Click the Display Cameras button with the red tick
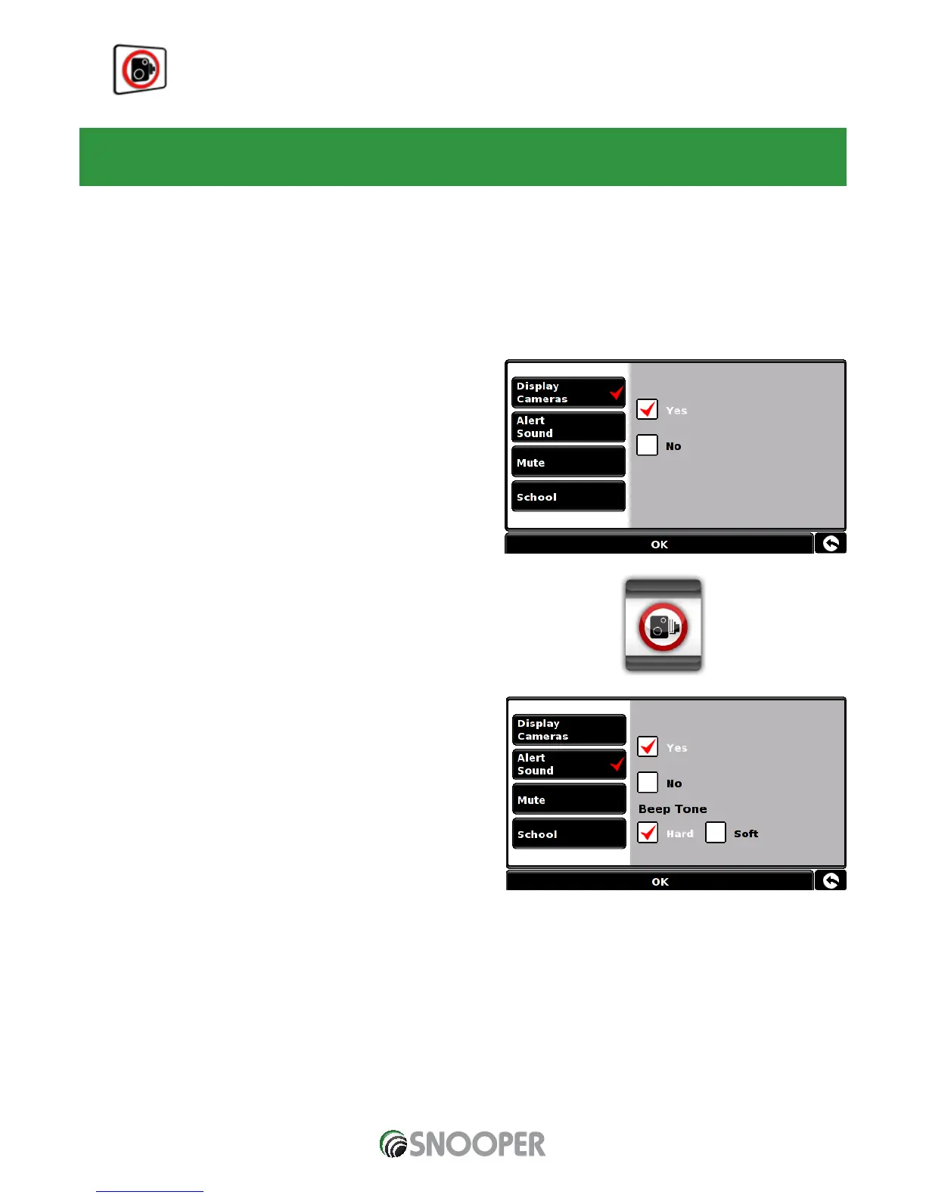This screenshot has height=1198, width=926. click(567, 393)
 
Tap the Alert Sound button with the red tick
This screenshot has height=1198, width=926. click(568, 764)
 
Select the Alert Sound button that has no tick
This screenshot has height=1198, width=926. click(567, 427)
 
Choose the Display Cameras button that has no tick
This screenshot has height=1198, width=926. click(568, 730)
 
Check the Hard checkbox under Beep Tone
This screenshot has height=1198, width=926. click(648, 833)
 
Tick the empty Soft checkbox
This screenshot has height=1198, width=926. click(715, 833)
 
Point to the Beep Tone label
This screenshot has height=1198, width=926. click(673, 808)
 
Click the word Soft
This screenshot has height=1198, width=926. click(746, 833)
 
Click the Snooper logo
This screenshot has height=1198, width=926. click(462, 1144)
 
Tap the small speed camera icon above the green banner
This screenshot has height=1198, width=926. click(140, 70)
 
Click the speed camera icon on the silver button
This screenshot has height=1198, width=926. click(663, 626)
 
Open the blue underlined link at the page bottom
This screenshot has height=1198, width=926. click(150, 1191)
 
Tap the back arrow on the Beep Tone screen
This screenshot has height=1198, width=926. click(831, 880)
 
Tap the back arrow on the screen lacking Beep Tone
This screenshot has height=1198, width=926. click(831, 543)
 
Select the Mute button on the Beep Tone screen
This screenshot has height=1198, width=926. click(568, 799)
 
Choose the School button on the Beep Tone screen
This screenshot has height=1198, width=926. click(568, 833)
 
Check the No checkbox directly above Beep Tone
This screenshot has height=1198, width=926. click(648, 782)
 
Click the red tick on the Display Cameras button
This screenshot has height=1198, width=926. click(617, 392)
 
